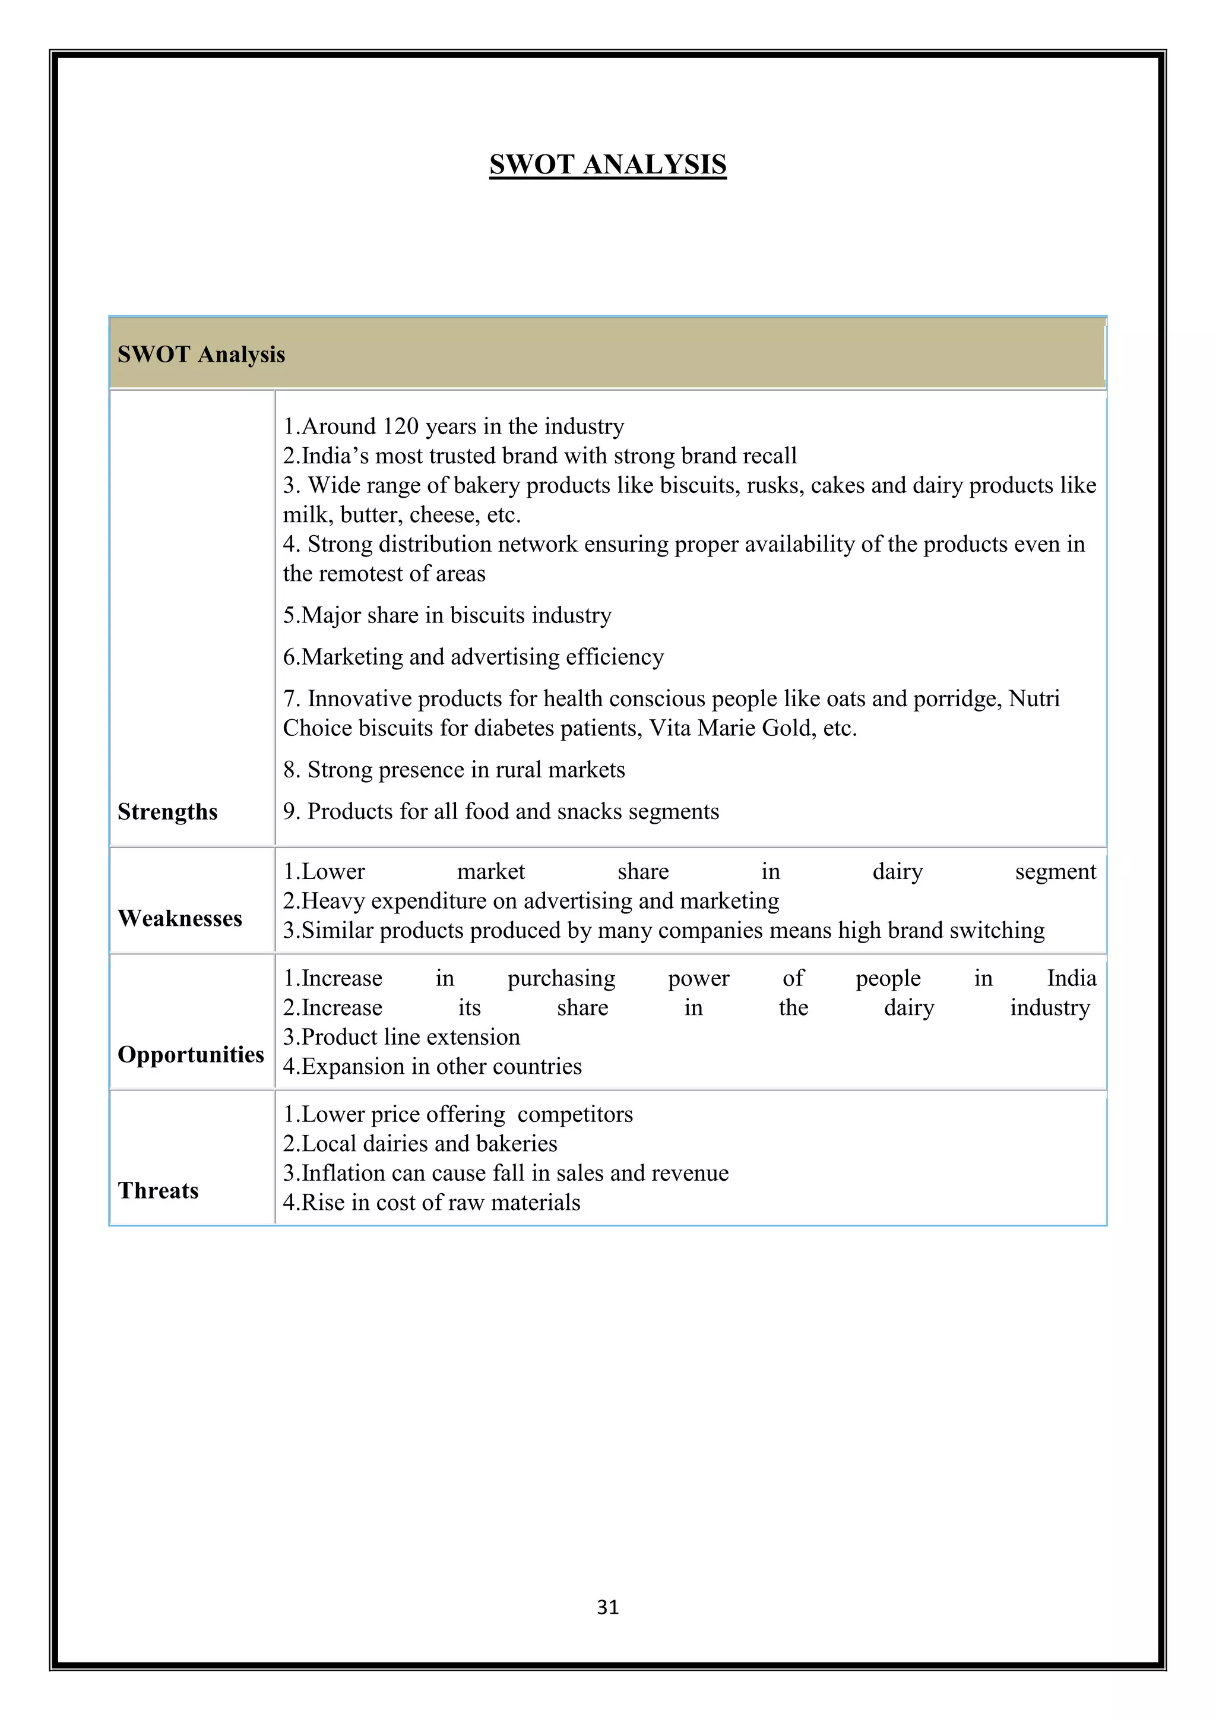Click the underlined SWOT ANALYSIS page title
point(607,164)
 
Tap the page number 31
point(607,1607)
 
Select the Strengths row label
point(167,811)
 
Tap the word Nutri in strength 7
point(1034,698)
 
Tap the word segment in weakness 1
point(1055,872)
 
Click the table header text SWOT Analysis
point(201,355)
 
